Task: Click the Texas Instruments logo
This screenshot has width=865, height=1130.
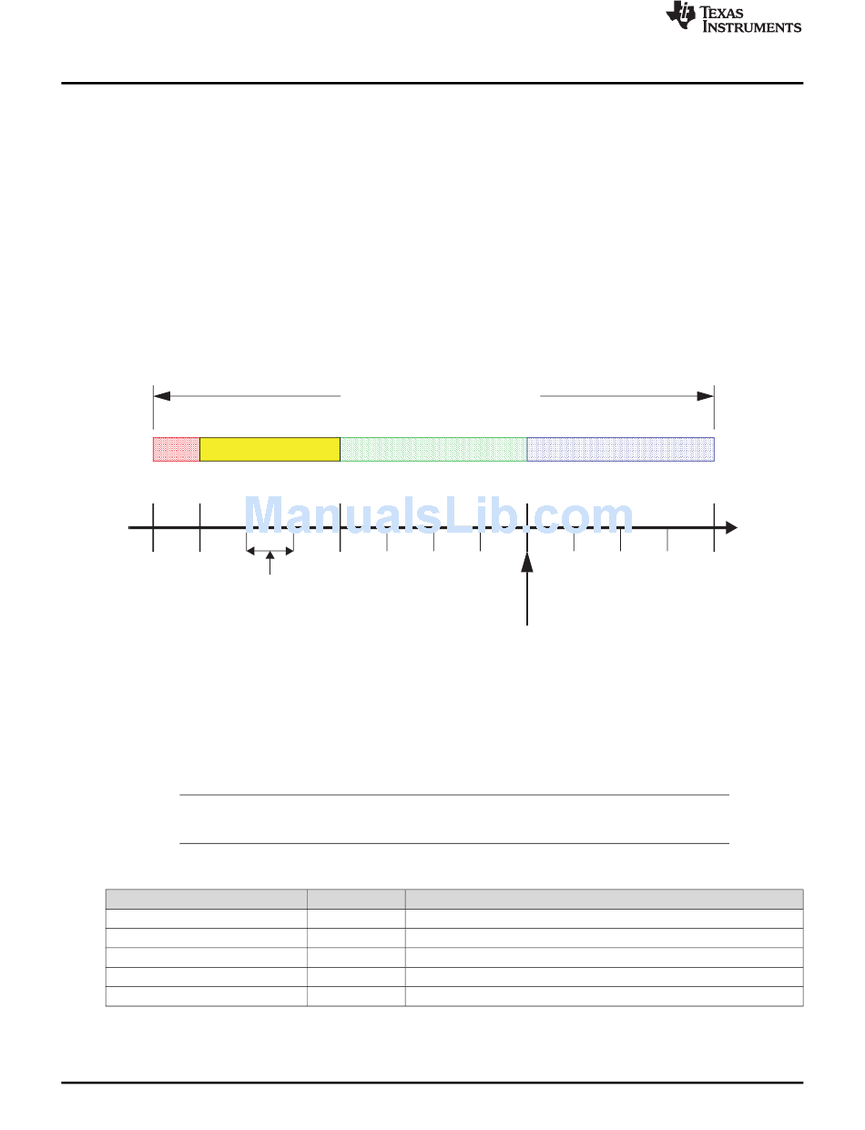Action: point(733,17)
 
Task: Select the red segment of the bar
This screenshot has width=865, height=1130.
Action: point(177,449)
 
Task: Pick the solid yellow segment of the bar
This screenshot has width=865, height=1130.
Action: point(270,449)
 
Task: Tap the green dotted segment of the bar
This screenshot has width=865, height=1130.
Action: point(433,449)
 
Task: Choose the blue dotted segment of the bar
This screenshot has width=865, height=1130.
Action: point(621,449)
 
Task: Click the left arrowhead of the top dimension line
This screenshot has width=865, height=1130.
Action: point(162,396)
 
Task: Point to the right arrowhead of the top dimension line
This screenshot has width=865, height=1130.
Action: point(706,396)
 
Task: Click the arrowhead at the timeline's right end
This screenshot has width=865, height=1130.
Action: point(731,528)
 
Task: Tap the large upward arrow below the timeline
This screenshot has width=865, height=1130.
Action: point(527,588)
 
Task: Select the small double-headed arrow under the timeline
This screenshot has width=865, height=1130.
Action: point(270,551)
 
